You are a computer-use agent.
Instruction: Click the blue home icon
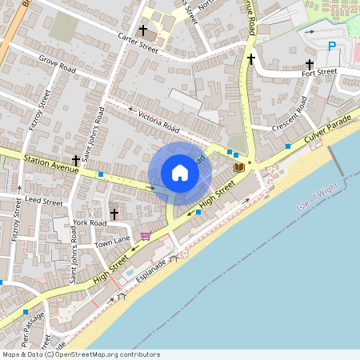click(x=179, y=172)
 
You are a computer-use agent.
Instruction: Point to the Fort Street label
click(x=319, y=72)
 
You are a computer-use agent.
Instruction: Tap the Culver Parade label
click(x=328, y=130)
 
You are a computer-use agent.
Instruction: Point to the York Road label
click(x=89, y=222)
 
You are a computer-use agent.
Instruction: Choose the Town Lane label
click(x=112, y=242)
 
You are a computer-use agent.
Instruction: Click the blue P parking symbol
click(x=332, y=47)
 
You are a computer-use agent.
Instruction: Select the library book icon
click(x=238, y=167)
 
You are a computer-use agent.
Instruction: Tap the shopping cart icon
click(x=145, y=235)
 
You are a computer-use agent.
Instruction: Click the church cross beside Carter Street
click(x=143, y=30)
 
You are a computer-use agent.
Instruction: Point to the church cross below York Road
click(x=114, y=214)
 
